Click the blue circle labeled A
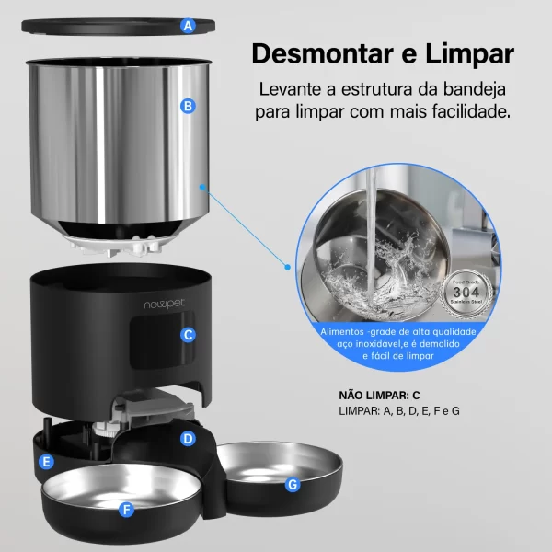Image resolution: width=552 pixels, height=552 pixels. click(189, 26)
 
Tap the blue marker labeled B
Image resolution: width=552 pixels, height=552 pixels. click(189, 106)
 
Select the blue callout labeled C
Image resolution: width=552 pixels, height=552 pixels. click(188, 335)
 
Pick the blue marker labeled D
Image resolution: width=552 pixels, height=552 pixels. click(188, 439)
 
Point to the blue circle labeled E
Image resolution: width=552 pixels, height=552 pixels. click(47, 461)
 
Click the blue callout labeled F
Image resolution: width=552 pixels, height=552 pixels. click(126, 506)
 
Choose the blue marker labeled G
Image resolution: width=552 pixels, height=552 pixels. click(293, 484)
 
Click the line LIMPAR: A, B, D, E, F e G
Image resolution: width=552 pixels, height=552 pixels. click(399, 410)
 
